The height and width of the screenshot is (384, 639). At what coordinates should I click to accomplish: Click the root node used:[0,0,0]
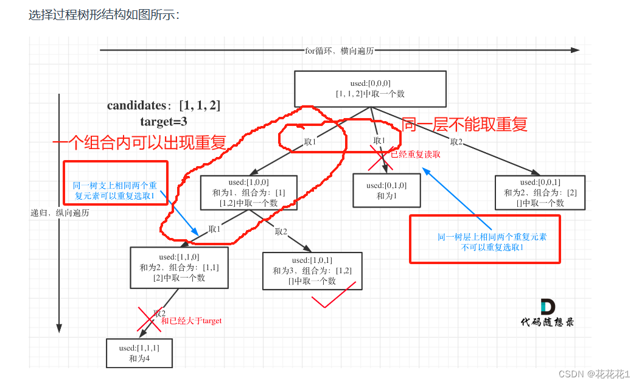pyautogui.click(x=370, y=89)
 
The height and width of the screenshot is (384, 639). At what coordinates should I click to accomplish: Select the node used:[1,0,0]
pyautogui.click(x=248, y=193)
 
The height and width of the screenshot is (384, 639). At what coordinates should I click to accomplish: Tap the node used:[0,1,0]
pyautogui.click(x=386, y=190)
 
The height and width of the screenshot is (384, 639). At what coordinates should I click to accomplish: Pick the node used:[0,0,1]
pyautogui.click(x=540, y=193)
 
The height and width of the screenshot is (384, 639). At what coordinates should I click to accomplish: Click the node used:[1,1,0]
pyautogui.click(x=179, y=267)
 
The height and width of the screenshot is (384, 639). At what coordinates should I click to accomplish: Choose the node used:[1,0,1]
pyautogui.click(x=312, y=271)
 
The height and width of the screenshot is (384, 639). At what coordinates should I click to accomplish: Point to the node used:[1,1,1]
pyautogui.click(x=139, y=353)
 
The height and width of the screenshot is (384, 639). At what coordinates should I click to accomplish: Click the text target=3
pyautogui.click(x=163, y=121)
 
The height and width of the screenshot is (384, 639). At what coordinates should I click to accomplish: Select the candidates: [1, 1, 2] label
pyautogui.click(x=164, y=106)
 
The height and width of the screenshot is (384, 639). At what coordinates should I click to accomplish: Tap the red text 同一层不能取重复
pyautogui.click(x=464, y=125)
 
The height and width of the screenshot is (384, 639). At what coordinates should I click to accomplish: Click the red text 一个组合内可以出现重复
pyautogui.click(x=139, y=143)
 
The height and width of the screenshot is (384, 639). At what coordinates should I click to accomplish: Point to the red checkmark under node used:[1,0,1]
pyautogui.click(x=332, y=298)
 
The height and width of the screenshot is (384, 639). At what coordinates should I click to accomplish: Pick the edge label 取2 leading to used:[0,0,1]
pyautogui.click(x=457, y=142)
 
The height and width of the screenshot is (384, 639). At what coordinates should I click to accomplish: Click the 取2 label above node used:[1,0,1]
pyautogui.click(x=281, y=231)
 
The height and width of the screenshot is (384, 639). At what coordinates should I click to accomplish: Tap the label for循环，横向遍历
pyautogui.click(x=339, y=51)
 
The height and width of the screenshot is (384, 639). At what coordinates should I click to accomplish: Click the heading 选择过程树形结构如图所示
pyautogui.click(x=104, y=15)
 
